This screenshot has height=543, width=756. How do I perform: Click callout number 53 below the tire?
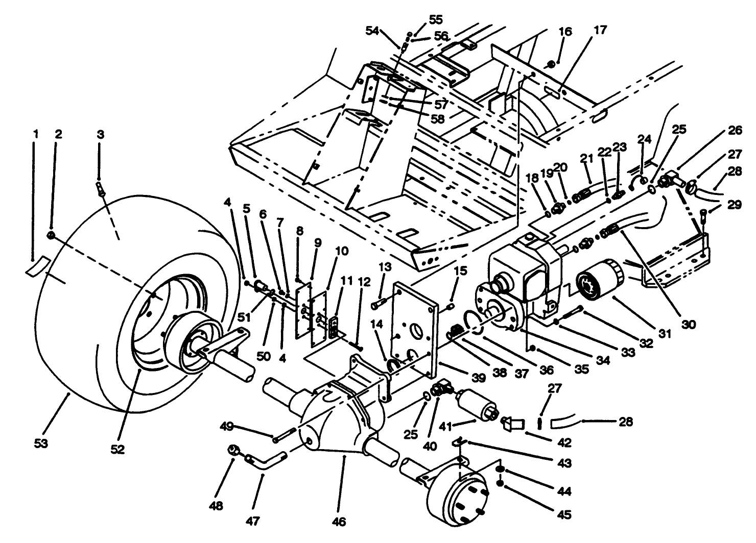(x=41, y=443)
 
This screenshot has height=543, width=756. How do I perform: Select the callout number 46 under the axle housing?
(x=339, y=522)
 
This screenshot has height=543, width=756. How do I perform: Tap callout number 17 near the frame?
(x=600, y=31)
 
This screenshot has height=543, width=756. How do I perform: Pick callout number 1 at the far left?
(x=35, y=134)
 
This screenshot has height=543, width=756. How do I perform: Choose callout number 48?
(x=216, y=506)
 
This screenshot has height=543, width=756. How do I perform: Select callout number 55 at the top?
(x=435, y=20)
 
